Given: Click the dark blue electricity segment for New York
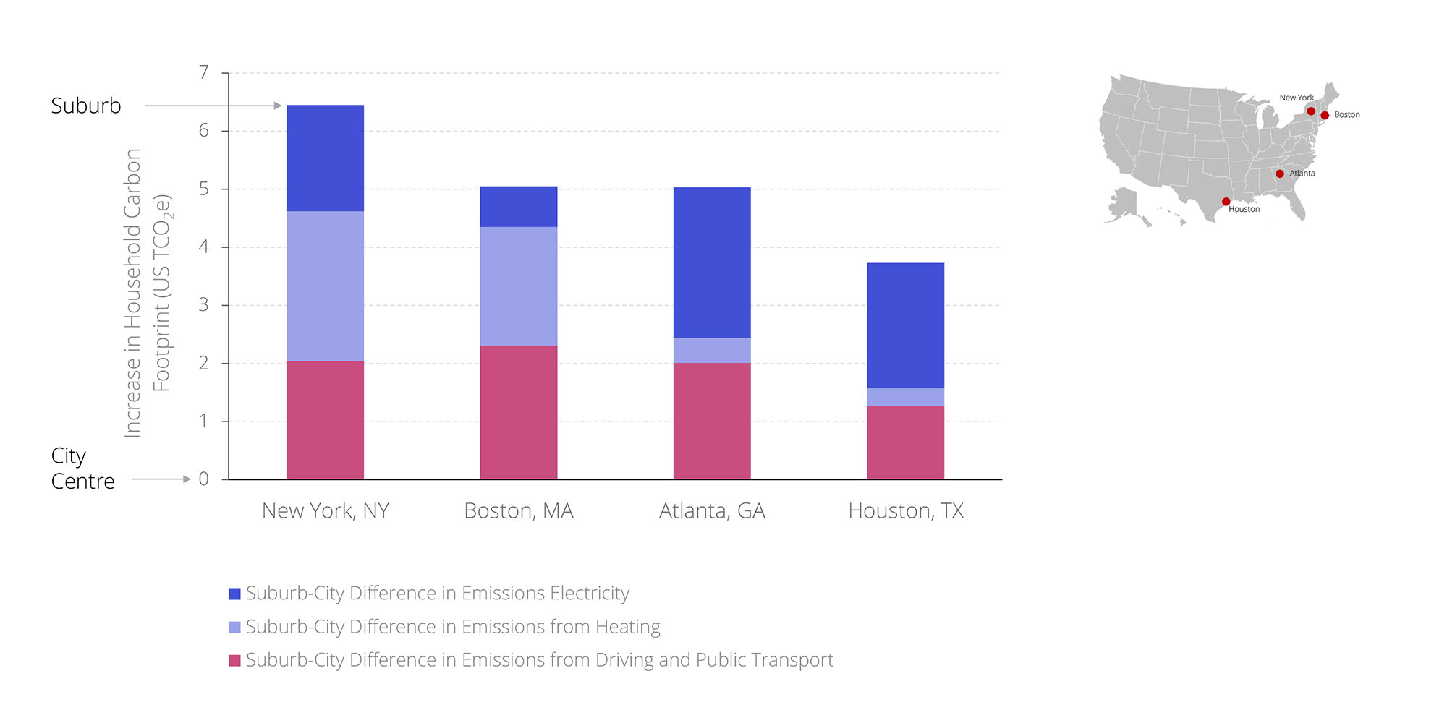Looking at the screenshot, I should click(x=325, y=158).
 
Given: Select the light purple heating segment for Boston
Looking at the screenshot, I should click(x=518, y=286).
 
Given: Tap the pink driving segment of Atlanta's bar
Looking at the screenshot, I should click(x=712, y=421).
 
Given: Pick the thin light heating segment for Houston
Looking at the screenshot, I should click(x=905, y=397).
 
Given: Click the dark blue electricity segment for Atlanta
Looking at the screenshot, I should click(x=712, y=262).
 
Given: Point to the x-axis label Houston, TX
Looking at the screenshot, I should click(x=906, y=511).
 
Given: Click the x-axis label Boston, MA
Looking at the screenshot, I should click(x=519, y=511).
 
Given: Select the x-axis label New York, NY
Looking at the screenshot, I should click(x=326, y=511).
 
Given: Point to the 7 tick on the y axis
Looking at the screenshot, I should click(x=204, y=72).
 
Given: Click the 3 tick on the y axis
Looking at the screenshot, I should click(x=204, y=305).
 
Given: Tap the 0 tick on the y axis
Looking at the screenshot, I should click(x=204, y=479).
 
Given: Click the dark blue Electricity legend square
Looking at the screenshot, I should click(x=234, y=594).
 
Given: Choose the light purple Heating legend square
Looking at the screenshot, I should click(x=234, y=627).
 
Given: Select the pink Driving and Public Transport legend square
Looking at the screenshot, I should click(x=234, y=660).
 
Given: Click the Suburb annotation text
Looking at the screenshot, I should click(x=86, y=106).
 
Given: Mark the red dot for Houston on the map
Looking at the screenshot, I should click(x=1226, y=202).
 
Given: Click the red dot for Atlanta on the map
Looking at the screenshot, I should click(x=1279, y=174).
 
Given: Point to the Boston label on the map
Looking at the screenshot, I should click(x=1346, y=115).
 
